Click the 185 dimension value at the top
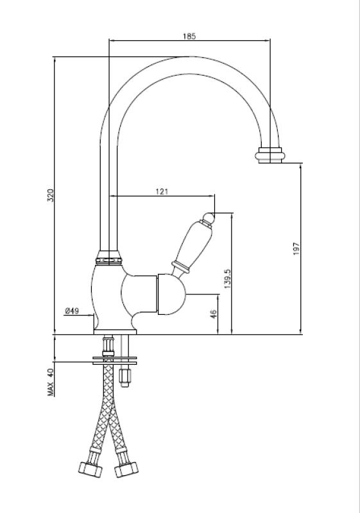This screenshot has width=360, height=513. point(189,37)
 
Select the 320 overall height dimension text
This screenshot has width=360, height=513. point(51,196)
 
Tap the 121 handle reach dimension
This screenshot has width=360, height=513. point(162,191)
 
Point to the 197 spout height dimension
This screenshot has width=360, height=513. point(296,249)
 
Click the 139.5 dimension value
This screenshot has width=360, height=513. point(227,278)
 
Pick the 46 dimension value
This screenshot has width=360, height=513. point(214,314)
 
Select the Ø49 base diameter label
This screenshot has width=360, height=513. point(71,311)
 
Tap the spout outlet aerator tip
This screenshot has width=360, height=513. point(270,155)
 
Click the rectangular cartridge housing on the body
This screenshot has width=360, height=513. point(166,295)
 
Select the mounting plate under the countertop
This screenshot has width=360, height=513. point(115,361)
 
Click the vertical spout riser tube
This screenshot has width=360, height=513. point(107,192)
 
